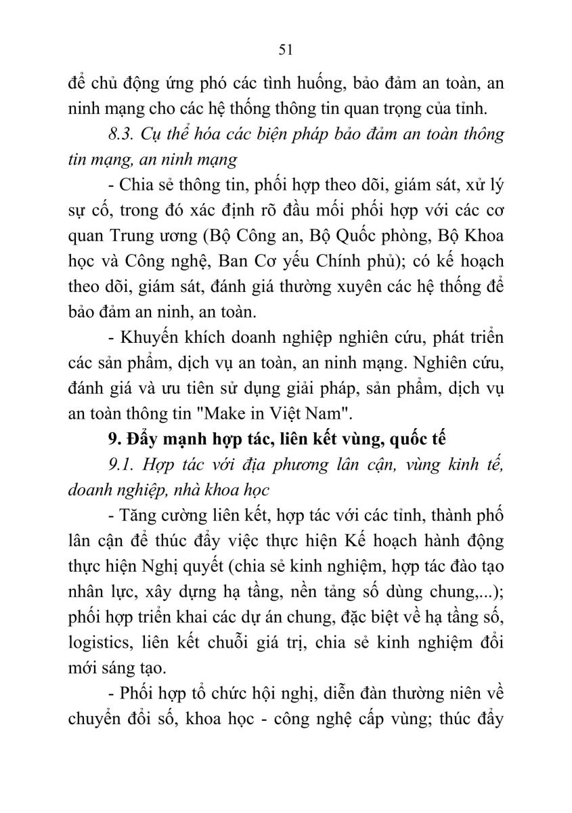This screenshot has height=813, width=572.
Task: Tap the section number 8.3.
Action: click(123, 134)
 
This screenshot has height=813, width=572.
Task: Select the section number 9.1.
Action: click(123, 464)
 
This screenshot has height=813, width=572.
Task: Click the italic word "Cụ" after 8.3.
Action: click(154, 134)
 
